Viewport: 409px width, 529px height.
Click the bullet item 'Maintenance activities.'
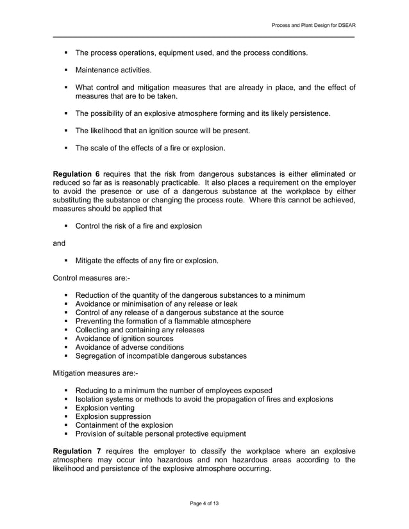tap(113, 69)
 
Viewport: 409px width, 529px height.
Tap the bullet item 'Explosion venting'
tap(105, 408)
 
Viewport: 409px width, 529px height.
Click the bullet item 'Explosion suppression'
tap(113, 416)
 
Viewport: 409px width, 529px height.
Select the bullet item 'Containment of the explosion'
tap(124, 425)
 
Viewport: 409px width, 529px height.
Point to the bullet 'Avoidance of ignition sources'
tap(124, 339)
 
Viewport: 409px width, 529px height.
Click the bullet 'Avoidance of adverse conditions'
tap(129, 347)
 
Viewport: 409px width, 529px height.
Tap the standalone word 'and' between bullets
tap(59, 243)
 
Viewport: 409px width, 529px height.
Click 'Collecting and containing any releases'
tap(140, 330)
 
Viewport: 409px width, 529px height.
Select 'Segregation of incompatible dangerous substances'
tap(161, 356)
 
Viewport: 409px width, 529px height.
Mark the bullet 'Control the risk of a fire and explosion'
tap(138, 225)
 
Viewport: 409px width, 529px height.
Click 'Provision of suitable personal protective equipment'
tap(161, 434)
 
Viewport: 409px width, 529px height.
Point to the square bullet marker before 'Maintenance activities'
tap(66, 69)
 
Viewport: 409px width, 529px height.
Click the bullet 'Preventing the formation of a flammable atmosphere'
tap(163, 321)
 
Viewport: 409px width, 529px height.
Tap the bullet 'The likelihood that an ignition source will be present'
tap(162, 131)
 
